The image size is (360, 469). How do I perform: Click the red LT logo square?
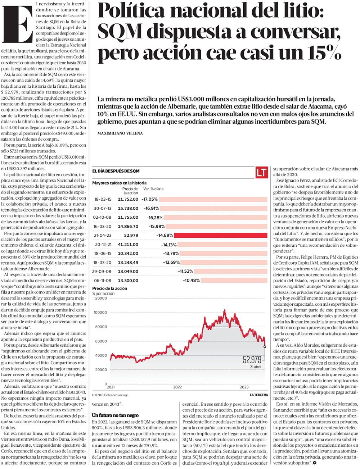point(262,172)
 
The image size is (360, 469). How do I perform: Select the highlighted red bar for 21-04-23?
point(220,236)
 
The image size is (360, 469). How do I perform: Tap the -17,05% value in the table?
point(150,199)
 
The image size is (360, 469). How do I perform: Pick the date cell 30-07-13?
point(103,208)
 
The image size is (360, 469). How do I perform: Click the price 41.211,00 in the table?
point(128,245)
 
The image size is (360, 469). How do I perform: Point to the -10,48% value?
point(191,281)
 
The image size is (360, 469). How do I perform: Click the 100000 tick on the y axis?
point(100,313)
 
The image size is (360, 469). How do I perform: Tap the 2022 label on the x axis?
point(177,387)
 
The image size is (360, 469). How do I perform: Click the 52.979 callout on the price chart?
point(252,360)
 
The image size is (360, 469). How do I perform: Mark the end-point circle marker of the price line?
point(265,347)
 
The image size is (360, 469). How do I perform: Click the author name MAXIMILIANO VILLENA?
point(120,133)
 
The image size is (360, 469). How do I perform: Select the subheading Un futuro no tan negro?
point(115,415)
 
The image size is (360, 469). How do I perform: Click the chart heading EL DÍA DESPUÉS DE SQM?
point(116,171)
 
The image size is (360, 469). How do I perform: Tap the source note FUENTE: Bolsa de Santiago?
point(110,395)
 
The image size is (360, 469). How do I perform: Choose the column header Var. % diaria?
point(153,189)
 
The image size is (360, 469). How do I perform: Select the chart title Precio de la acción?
point(109,288)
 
